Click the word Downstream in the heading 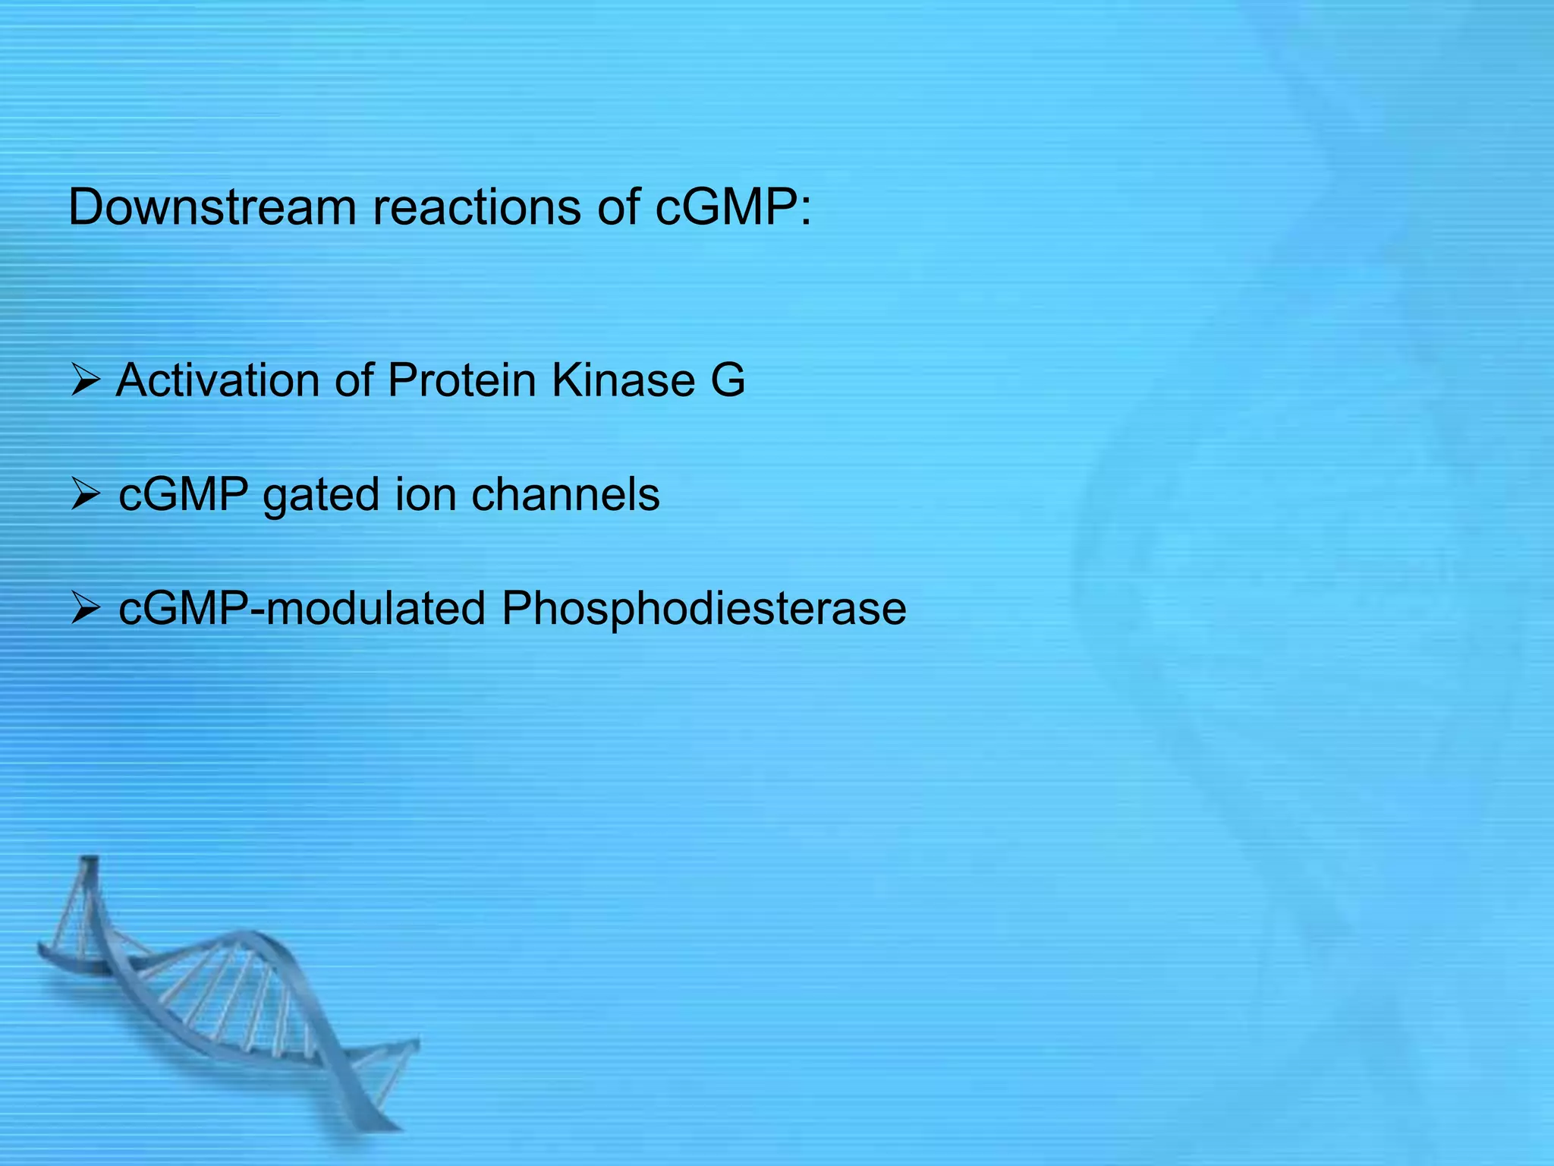tap(212, 207)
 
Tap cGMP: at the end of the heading tap(733, 207)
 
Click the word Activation tap(217, 380)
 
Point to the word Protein tap(461, 380)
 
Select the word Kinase tap(622, 380)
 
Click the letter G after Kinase tap(728, 380)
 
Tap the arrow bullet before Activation tap(85, 380)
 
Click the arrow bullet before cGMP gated tap(85, 496)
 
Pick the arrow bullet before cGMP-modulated tap(85, 609)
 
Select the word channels tap(565, 495)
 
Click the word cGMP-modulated tap(302, 609)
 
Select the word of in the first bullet tap(354, 380)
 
